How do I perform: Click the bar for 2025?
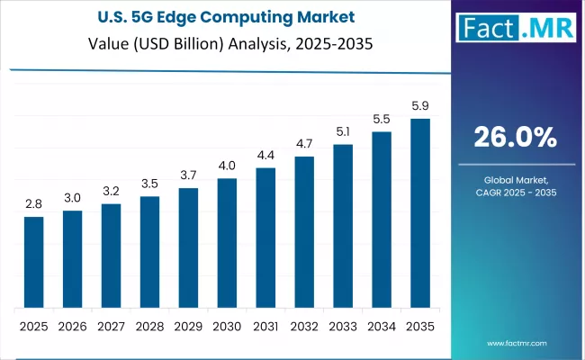coord(33,262)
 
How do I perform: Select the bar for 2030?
coord(227,243)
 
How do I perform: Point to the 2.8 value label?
coord(33,204)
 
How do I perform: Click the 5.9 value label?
coord(420,105)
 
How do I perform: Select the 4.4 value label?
coord(265,155)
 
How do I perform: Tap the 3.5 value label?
coord(149,184)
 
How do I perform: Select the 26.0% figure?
coord(516,138)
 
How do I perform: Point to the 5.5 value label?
coord(382,119)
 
